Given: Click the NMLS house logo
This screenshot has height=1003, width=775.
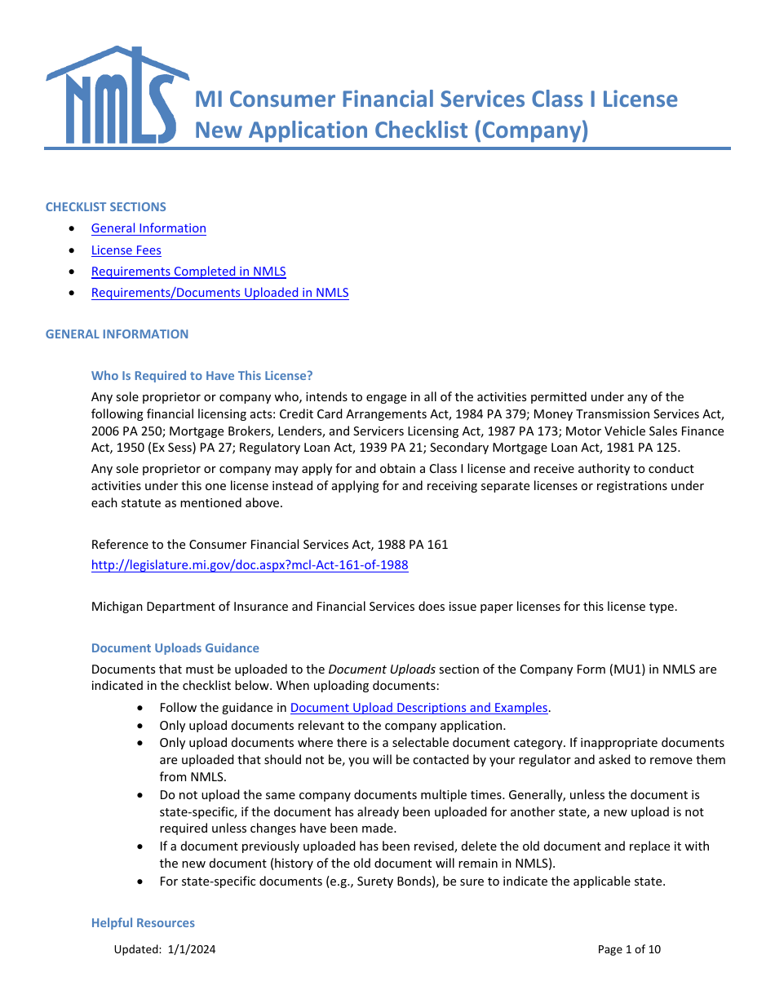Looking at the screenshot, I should tap(112, 95).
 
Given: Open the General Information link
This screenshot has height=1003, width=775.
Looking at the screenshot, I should tap(148, 228).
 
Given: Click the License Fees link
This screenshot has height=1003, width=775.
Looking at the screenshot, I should tap(126, 250).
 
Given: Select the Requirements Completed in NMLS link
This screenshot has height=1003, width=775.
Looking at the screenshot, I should tap(188, 272).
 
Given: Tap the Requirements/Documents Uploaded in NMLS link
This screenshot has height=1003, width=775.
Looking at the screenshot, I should tap(219, 293).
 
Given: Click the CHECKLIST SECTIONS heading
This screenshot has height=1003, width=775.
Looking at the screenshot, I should tap(105, 207).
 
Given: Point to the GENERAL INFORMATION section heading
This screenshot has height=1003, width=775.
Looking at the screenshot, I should tap(117, 334).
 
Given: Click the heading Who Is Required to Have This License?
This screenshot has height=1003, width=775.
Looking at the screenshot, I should tap(201, 376).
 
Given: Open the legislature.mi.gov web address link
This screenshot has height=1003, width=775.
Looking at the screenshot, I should tap(250, 565).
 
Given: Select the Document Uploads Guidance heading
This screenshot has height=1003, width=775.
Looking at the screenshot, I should tap(175, 648).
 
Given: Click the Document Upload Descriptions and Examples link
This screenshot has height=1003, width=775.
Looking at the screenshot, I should tap(418, 708).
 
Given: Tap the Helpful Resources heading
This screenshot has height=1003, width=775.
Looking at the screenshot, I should tap(143, 923).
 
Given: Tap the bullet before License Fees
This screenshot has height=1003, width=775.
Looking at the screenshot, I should tap(74, 250).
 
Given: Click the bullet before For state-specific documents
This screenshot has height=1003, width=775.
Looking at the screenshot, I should tap(143, 881).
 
